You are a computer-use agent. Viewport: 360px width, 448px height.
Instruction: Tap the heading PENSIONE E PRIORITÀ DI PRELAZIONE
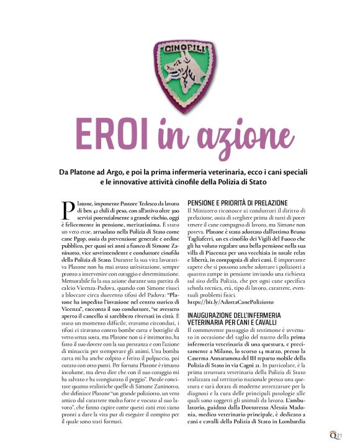pyautogui.click(x=237, y=203)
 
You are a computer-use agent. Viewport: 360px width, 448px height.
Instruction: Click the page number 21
pyautogui.click(x=351, y=436)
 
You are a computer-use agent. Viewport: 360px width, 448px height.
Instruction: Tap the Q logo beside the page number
pyautogui.click(x=343, y=436)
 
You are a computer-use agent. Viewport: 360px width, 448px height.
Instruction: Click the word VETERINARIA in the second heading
pyautogui.click(x=212, y=324)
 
